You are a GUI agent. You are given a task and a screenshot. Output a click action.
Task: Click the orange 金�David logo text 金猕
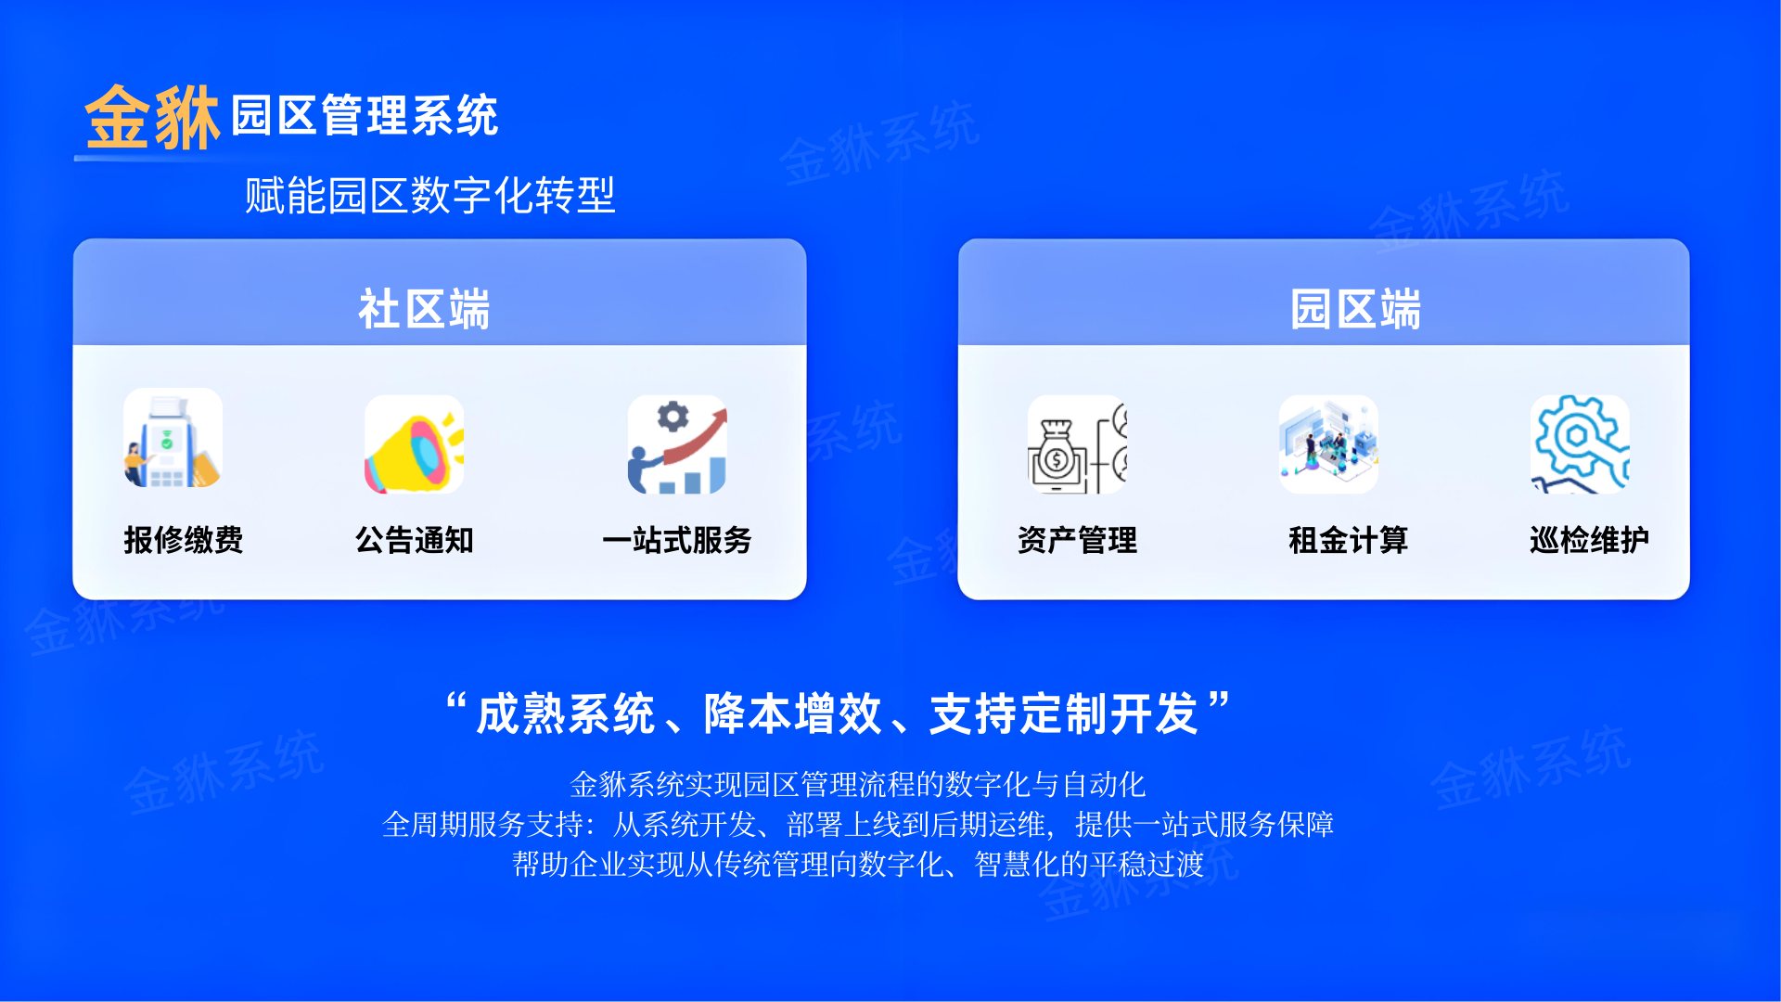pos(152,118)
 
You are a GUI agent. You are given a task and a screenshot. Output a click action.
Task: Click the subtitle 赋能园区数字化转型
pos(430,196)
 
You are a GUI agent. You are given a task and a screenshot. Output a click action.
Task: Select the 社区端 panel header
pos(424,309)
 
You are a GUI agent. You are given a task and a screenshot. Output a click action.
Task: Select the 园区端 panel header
pos(1355,309)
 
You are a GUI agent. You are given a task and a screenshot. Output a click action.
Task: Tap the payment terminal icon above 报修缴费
pos(173,438)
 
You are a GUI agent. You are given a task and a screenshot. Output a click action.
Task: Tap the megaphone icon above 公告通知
pos(414,444)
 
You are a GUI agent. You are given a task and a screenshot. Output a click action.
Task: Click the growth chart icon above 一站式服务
pos(677,444)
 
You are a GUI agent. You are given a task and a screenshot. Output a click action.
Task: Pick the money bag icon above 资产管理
pos(1077,444)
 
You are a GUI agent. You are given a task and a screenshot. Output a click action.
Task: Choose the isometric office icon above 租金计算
pos(1328,444)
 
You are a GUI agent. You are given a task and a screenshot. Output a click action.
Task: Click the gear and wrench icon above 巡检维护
pos(1580,444)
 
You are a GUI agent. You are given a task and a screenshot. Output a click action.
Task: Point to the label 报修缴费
pos(184,540)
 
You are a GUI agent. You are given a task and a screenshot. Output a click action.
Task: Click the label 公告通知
pos(415,540)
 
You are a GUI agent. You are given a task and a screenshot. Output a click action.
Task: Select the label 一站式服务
pos(677,540)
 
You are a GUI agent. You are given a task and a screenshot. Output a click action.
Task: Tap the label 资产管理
pos(1077,540)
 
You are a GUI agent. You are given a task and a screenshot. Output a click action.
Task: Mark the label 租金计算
pos(1348,540)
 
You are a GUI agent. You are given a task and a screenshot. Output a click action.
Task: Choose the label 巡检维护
pos(1589,540)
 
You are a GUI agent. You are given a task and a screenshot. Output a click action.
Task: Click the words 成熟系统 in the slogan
pos(566,714)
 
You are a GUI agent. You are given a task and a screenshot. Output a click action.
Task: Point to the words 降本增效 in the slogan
pos(792,714)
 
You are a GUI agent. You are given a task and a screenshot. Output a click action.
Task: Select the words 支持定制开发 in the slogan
pos(1064,714)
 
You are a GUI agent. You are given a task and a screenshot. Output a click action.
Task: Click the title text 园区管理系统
pos(365,116)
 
